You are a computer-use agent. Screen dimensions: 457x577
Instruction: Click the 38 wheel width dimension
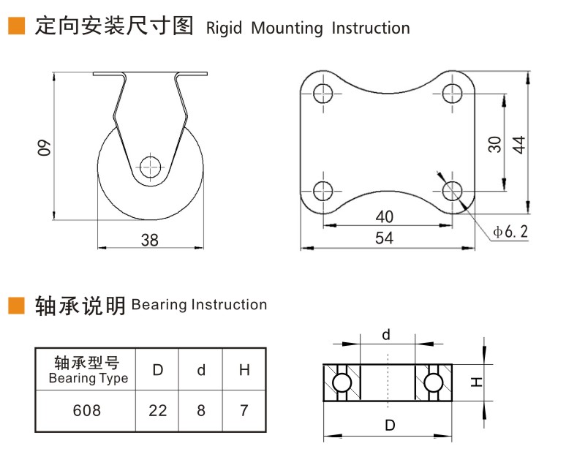coord(150,238)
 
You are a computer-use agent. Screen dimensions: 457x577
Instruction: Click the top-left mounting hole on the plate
coord(323,93)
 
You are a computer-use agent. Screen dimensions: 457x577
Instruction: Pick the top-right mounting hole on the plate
coord(453,93)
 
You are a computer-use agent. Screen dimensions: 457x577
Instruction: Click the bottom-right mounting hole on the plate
coord(453,191)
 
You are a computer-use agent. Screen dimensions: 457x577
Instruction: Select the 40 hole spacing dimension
coord(385,216)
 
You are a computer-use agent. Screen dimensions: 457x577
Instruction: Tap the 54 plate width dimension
coord(385,238)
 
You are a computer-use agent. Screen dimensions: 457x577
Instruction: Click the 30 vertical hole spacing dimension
coord(495,143)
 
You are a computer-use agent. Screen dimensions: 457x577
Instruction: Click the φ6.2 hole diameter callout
coord(510,232)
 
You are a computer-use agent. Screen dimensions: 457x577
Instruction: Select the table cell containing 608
coord(87,410)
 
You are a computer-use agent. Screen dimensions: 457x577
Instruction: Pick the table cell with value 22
coord(158,410)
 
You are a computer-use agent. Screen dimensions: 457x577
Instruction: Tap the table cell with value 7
coord(244,410)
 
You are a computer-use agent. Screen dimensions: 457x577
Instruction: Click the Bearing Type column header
coord(88,370)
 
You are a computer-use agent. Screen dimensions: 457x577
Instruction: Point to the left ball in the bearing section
coord(340,383)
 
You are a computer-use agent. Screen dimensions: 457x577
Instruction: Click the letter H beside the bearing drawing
coord(475,382)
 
